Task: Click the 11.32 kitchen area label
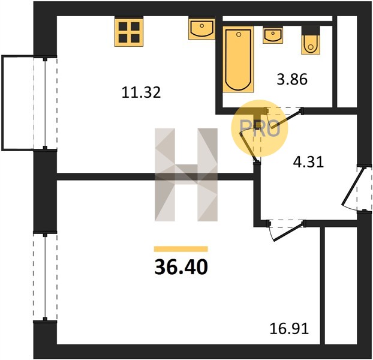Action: click(141, 92)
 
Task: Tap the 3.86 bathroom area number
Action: click(292, 79)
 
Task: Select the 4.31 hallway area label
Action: click(308, 162)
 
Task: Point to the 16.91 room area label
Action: click(289, 329)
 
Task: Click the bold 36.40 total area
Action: click(181, 267)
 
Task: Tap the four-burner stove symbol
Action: click(129, 32)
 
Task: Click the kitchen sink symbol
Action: click(201, 29)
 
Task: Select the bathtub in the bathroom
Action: click(238, 59)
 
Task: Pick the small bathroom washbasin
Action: click(273, 35)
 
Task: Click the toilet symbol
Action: click(311, 40)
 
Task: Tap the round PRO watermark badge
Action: click(260, 128)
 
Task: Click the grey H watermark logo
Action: click(186, 175)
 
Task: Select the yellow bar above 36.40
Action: click(181, 249)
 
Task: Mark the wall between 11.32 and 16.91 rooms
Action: click(155, 176)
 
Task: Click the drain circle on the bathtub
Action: click(239, 35)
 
